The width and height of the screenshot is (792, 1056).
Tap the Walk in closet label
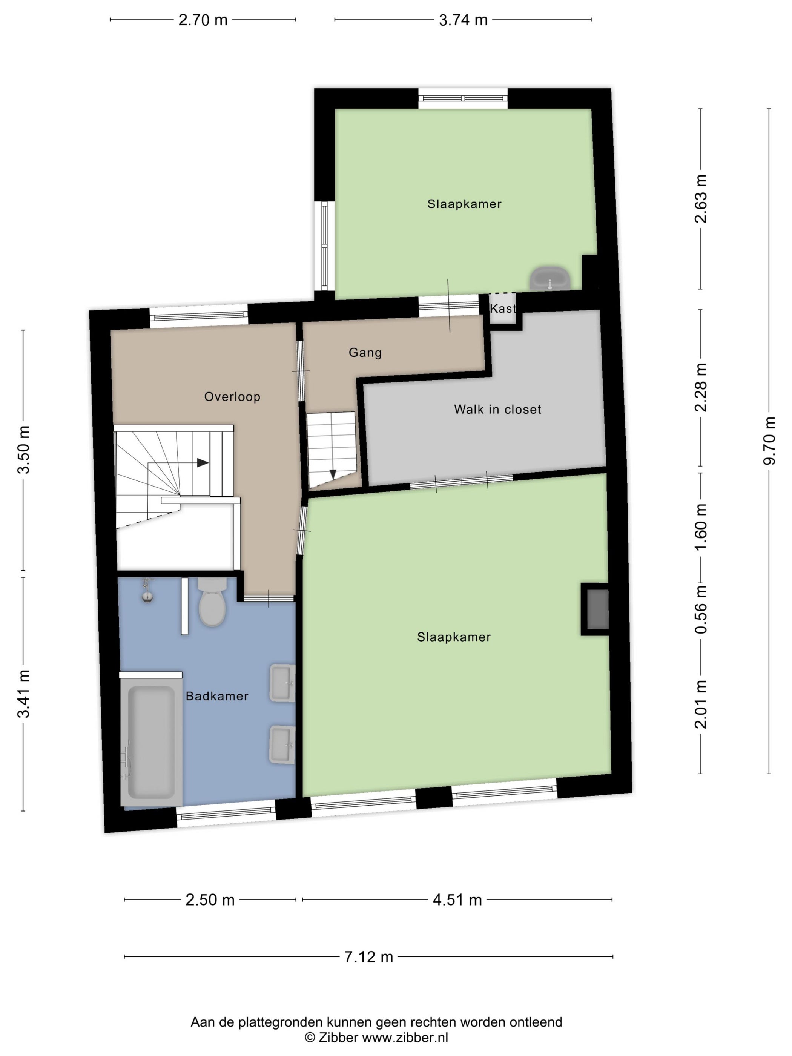pos(497,409)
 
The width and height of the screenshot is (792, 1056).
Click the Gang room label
pos(365,353)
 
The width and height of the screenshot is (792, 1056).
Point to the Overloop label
pos(232,397)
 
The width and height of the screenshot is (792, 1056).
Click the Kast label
pos(503,309)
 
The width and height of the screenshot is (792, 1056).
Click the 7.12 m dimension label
pos(368,957)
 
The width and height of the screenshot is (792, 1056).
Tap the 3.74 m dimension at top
pos(463,20)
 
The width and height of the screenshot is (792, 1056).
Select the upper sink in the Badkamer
pos(282,683)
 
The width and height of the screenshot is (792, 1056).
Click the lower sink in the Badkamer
pos(282,745)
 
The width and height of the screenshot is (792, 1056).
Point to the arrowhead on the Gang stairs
pos(333,474)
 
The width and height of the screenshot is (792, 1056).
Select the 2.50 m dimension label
pos(210,900)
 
